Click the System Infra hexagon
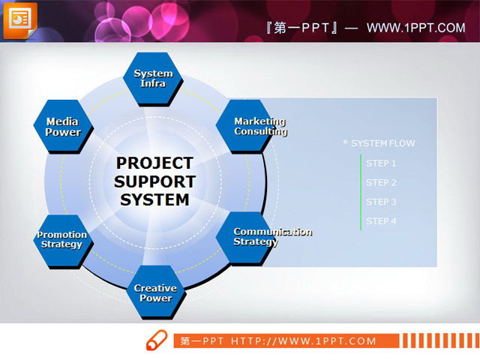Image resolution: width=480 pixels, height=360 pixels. [153, 78]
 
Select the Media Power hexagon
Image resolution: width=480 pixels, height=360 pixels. [63, 127]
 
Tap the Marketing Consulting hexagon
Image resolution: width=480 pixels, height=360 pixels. [247, 126]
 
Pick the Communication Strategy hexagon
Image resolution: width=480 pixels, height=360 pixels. [247, 237]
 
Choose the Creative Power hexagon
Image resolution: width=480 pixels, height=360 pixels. [155, 292]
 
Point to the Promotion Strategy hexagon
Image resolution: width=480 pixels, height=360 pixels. [62, 239]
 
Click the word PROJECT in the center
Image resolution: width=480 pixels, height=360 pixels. [154, 163]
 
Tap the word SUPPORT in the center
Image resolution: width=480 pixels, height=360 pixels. [154, 181]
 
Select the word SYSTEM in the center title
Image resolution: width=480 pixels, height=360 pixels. [154, 200]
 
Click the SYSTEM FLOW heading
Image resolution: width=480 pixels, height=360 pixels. [382, 143]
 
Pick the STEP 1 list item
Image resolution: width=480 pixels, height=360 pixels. [381, 163]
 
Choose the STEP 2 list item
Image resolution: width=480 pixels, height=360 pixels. [381, 182]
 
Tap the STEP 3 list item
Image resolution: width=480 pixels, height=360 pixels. [381, 202]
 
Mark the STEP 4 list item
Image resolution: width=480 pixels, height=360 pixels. [381, 221]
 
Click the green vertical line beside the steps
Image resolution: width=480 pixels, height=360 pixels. [361, 192]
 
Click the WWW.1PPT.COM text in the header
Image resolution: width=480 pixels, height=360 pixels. [415, 28]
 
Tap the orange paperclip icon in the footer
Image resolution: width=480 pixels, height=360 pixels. [157, 339]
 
